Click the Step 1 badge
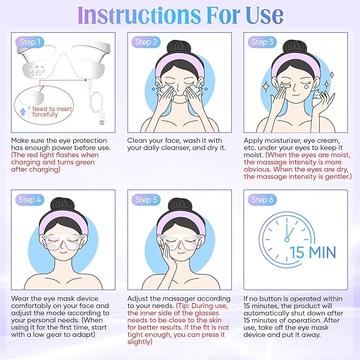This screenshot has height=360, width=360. tap(29, 42)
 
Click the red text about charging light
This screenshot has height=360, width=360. tap(54, 162)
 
